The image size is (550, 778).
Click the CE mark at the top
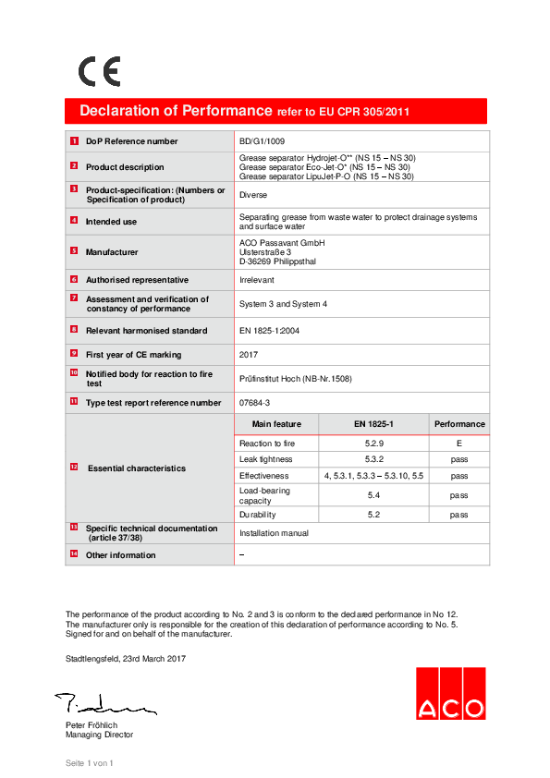tap(99, 72)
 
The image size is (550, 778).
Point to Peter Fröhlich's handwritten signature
tap(104, 705)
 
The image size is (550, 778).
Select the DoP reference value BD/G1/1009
tap(263, 141)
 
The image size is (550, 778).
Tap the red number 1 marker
tap(74, 140)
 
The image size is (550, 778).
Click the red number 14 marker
tap(74, 554)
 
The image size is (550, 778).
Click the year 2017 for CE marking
tap(250, 354)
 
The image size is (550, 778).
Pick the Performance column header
tap(459, 424)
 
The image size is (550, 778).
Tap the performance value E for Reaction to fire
tap(459, 444)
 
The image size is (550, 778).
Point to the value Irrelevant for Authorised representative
tap(258, 279)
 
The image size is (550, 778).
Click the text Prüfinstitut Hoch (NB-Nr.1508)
tap(295, 379)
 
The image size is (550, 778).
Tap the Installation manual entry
tap(275, 533)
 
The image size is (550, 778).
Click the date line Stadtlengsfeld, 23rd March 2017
tap(125, 659)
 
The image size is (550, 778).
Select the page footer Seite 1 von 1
tap(89, 763)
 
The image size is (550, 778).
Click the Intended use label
tap(111, 222)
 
